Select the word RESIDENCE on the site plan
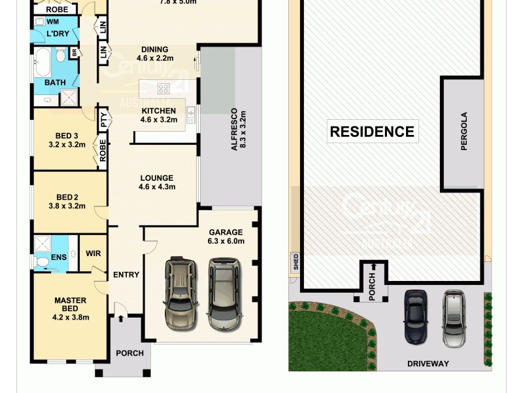pos(372,131)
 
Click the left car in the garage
pos(180,293)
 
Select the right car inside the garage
pos(224,293)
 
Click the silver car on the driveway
pos(454,318)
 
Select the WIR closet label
pos(93,253)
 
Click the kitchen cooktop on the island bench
pos(163,88)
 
